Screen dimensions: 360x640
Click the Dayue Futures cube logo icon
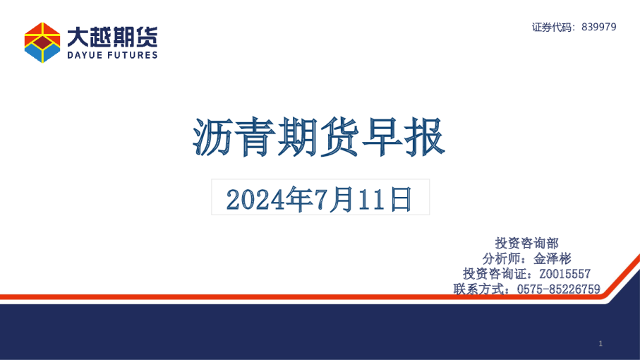(42, 42)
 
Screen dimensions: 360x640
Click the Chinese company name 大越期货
(112, 36)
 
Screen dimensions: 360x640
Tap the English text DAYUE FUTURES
(112, 55)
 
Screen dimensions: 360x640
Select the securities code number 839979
(600, 27)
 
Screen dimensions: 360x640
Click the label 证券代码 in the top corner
(554, 27)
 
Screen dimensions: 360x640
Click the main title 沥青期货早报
(320, 137)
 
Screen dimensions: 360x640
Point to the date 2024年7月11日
(320, 200)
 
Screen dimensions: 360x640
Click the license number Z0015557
(564, 274)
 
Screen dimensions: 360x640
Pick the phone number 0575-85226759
(558, 289)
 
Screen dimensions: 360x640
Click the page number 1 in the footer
(600, 343)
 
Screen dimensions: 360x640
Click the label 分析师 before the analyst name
(503, 258)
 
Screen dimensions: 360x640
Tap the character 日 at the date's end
(401, 200)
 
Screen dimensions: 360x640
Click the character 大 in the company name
(77, 36)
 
